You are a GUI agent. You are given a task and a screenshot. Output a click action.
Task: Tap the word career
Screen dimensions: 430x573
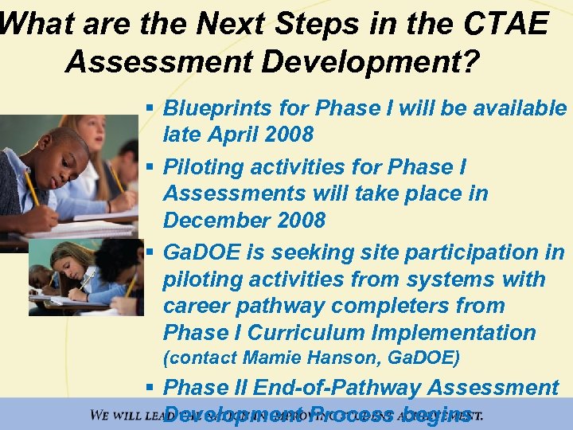199,306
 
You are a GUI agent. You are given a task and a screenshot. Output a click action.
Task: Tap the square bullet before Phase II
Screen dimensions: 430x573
150,388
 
